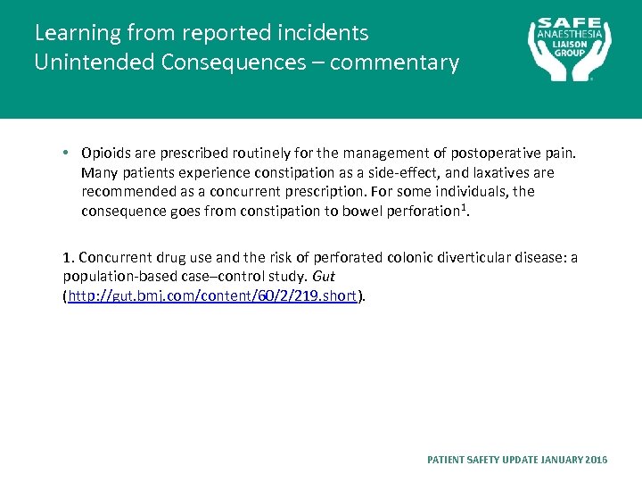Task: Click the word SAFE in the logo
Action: tap(570, 23)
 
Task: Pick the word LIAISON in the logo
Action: tap(570, 42)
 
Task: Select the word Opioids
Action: tap(106, 153)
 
